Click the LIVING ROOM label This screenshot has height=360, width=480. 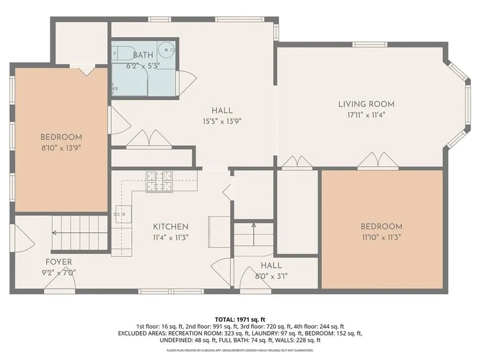tap(366, 104)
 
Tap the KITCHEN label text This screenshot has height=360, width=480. tap(171, 227)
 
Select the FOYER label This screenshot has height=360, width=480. tap(59, 262)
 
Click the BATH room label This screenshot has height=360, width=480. tap(143, 55)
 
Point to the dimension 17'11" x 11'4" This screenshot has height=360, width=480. tap(366, 115)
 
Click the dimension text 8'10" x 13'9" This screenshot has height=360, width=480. tap(61, 148)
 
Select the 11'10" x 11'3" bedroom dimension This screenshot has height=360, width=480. tap(382, 237)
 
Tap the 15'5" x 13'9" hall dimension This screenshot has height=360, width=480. tap(222, 121)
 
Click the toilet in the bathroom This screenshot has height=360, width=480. tap(123, 53)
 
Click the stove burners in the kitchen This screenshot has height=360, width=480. tap(159, 181)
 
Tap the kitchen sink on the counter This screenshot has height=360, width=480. tap(124, 214)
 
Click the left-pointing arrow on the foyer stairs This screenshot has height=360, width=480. tap(80, 233)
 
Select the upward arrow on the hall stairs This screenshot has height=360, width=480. tap(254, 234)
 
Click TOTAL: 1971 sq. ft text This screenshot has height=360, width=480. tap(240, 320)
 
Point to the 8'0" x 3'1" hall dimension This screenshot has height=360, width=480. tap(271, 277)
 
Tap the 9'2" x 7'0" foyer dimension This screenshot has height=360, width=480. tap(59, 272)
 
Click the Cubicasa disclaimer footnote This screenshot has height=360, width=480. tap(240, 350)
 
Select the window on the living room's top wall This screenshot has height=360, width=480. tap(370, 45)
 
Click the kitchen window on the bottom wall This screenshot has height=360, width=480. tap(171, 292)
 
